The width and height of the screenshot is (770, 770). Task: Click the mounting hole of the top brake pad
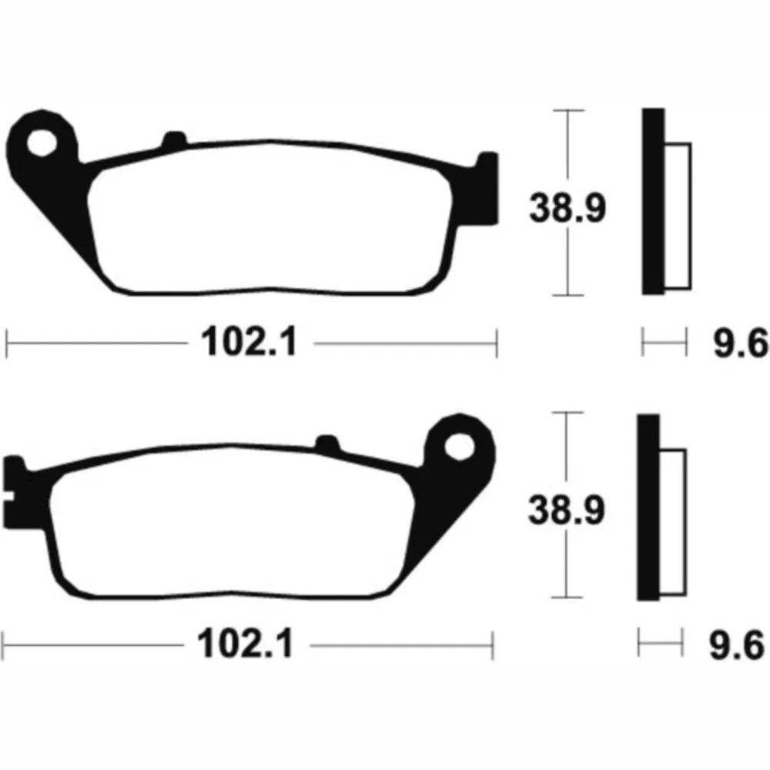click(x=42, y=143)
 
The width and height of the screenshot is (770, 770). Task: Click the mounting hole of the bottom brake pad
click(x=460, y=447)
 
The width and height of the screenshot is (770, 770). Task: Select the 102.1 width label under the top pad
click(x=249, y=342)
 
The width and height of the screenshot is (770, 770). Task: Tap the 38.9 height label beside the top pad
click(x=567, y=208)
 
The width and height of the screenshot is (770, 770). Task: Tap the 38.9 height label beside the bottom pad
click(x=567, y=511)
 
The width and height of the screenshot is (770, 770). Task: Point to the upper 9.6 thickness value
click(x=740, y=343)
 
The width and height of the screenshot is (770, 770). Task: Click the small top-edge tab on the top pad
click(x=174, y=139)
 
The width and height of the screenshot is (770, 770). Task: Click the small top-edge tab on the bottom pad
click(x=327, y=442)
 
